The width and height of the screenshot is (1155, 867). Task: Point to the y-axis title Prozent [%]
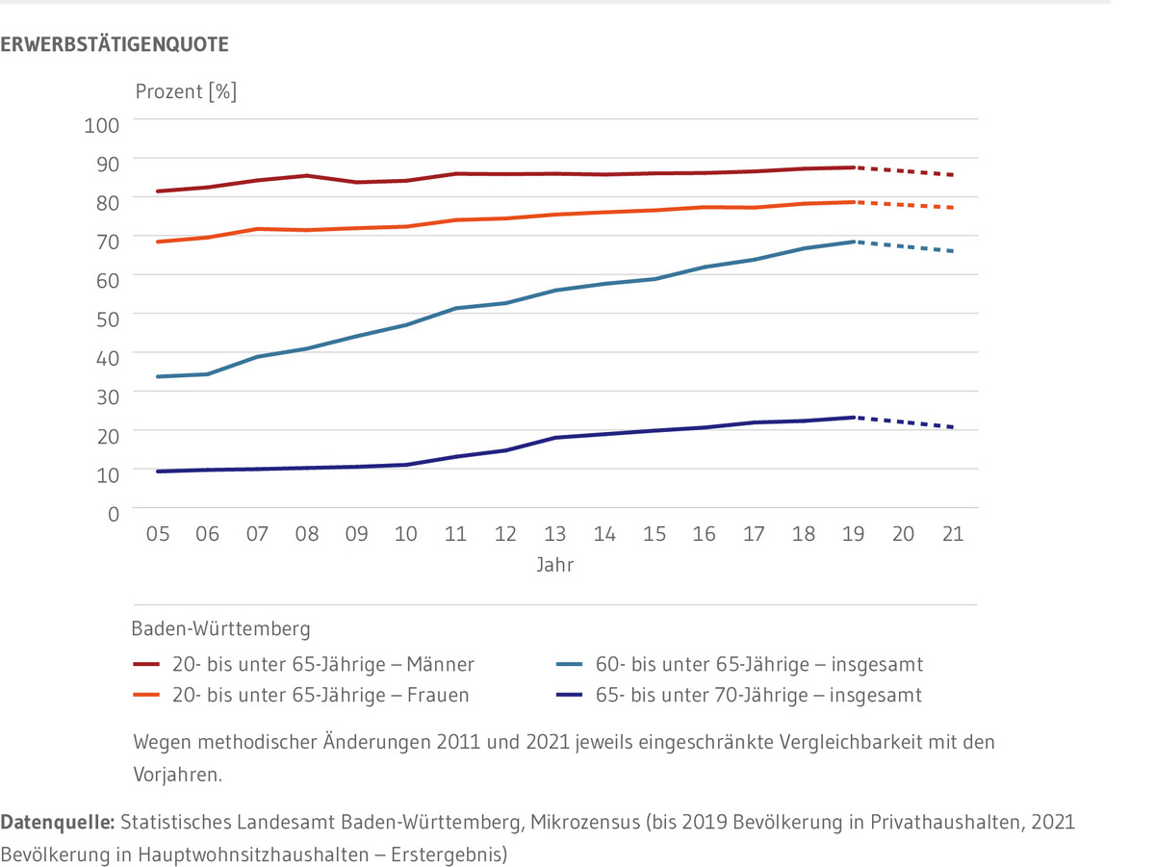tap(185, 92)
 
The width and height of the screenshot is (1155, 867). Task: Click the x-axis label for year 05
tap(157, 534)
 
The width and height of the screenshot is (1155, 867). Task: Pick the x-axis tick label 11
tap(455, 534)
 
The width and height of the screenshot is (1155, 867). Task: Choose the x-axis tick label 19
tap(853, 534)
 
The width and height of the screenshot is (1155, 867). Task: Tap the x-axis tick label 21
tap(952, 534)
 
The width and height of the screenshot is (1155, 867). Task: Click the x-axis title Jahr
tap(554, 566)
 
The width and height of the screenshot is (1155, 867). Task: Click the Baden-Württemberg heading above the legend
tap(220, 630)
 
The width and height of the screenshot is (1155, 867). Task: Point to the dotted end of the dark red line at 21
tap(952, 175)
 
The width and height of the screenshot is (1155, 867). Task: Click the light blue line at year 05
tap(157, 376)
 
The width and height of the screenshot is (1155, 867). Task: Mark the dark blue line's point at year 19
tap(853, 417)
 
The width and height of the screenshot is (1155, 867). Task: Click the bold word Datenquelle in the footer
tap(57, 824)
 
